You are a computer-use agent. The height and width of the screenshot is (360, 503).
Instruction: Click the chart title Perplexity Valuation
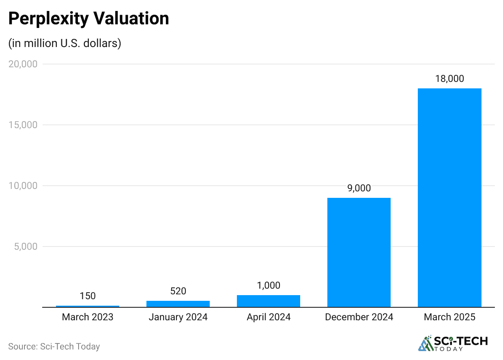88,19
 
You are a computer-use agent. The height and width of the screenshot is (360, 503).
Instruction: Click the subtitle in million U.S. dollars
65,43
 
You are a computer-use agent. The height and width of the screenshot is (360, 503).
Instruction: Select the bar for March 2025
449,197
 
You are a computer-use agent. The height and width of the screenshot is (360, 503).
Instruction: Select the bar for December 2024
359,252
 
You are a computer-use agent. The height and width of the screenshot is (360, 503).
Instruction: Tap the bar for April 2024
269,301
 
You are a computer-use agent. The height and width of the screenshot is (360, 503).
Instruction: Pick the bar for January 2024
178,304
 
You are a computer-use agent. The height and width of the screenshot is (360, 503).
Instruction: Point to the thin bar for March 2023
88,306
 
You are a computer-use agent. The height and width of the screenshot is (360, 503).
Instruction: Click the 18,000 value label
449,79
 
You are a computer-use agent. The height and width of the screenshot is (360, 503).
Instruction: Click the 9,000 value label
359,188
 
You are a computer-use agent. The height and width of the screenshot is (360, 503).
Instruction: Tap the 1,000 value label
269,285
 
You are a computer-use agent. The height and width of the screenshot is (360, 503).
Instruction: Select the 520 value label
178,291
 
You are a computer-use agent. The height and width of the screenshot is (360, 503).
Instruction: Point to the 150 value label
88,296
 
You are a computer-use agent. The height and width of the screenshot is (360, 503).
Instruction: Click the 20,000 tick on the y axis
23,64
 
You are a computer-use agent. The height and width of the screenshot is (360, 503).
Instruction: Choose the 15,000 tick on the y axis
23,125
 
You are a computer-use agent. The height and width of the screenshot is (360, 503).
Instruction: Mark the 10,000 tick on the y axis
23,186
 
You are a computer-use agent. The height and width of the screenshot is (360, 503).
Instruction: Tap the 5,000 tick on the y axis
25,246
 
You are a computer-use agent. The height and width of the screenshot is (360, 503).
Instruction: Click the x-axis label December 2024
359,317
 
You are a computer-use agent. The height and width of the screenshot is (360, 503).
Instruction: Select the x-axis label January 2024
178,317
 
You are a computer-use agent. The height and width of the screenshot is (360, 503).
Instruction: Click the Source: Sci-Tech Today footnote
54,346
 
